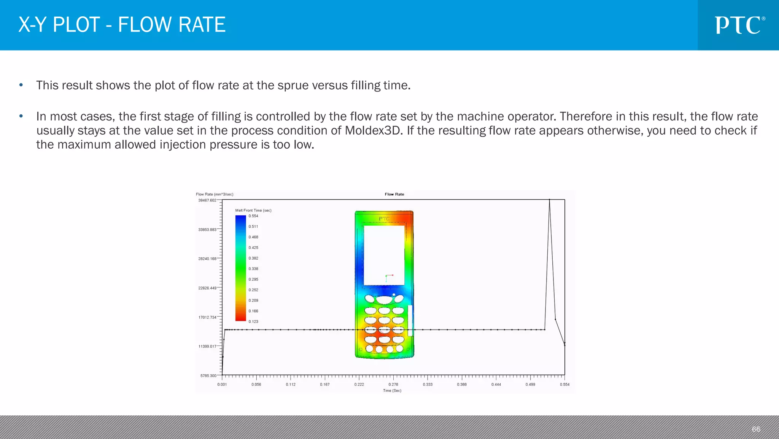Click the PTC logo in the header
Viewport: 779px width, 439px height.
[739, 25]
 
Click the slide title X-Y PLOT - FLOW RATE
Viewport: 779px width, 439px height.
[122, 25]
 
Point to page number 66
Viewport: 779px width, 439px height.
[756, 429]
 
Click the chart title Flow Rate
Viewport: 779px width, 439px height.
[394, 194]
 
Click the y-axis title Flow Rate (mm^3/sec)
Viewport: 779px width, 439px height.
[215, 194]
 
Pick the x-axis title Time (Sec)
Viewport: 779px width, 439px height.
[392, 391]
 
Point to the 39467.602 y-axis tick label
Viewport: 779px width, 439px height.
[207, 200]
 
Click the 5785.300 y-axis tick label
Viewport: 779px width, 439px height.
[208, 376]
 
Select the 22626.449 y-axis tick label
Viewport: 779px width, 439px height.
[207, 288]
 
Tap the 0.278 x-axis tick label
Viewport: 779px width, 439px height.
[393, 385]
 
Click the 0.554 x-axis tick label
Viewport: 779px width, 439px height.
[564, 385]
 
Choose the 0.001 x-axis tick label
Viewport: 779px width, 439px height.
[222, 385]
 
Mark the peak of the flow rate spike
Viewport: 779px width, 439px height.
[549, 200]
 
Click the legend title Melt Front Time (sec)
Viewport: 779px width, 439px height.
[253, 210]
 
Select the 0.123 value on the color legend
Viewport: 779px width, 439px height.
[253, 322]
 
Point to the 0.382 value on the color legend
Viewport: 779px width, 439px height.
[253, 258]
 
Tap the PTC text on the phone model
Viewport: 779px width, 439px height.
[384, 219]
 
